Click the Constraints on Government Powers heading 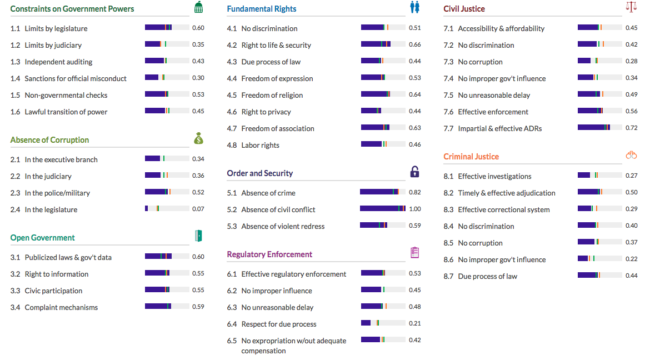tap(72, 9)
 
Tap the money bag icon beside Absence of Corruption tap(199, 139)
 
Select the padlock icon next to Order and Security tap(414, 172)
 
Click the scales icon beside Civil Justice tap(631, 7)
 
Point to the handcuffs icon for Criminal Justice tap(631, 155)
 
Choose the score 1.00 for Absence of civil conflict tap(414, 209)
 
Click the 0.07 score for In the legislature tap(198, 209)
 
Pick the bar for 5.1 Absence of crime tap(383, 192)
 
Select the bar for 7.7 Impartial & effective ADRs tap(600, 128)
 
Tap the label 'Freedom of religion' tap(272, 95)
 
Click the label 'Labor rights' tap(260, 145)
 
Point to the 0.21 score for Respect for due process tap(414, 323)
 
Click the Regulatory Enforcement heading tap(269, 254)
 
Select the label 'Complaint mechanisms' tap(61, 307)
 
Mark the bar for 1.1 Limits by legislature tap(167, 28)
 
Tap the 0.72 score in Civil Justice tap(632, 128)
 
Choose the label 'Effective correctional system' tap(503, 209)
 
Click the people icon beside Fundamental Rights tap(414, 7)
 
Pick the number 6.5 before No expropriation tap(232, 341)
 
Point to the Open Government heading tap(42, 238)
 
